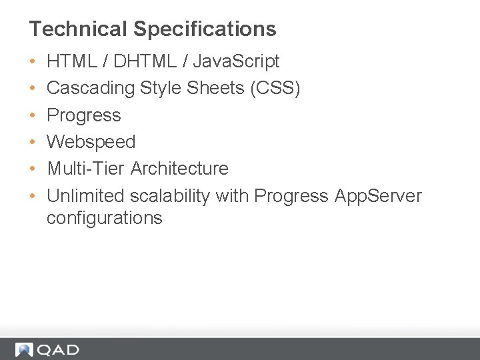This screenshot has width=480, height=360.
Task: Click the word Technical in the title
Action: click(x=78, y=29)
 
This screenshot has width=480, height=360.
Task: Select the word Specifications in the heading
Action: click(x=205, y=29)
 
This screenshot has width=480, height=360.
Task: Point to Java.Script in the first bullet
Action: click(x=236, y=62)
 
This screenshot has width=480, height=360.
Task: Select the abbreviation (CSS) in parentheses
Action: click(x=275, y=89)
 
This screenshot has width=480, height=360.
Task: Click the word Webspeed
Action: click(x=91, y=142)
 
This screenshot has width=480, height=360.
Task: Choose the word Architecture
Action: click(x=179, y=169)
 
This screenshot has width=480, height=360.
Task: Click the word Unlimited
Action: click(x=85, y=196)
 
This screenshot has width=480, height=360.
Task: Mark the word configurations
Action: click(x=104, y=218)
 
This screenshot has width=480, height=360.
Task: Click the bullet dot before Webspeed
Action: click(x=33, y=143)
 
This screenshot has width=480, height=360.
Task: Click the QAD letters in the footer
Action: click(x=58, y=350)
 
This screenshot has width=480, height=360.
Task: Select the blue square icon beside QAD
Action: click(x=25, y=350)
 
